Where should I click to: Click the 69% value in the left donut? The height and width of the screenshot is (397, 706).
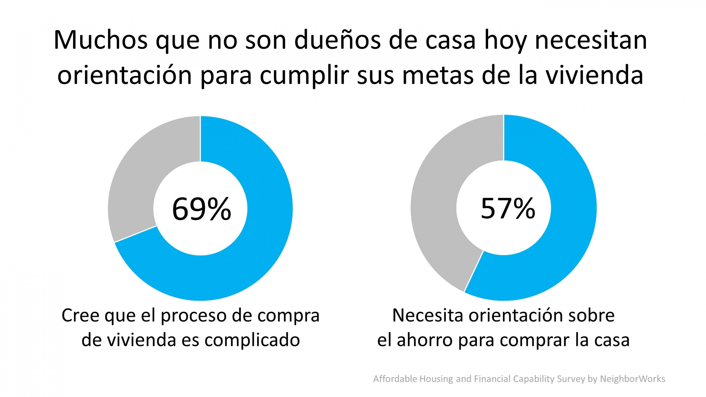point(201,209)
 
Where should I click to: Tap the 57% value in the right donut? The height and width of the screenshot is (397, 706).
point(508,209)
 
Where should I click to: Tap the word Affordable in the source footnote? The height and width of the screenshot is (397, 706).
point(395,379)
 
